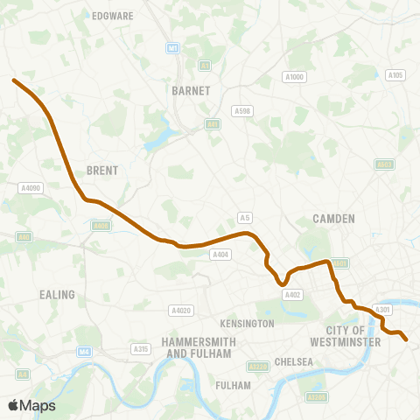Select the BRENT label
[102, 171]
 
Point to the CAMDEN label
[333, 219]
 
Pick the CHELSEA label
[293, 361]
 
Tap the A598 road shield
[241, 110]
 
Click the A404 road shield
[220, 255]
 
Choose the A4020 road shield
[181, 310]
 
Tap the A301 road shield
[382, 309]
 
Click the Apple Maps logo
[31, 405]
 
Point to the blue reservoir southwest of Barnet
[159, 140]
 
